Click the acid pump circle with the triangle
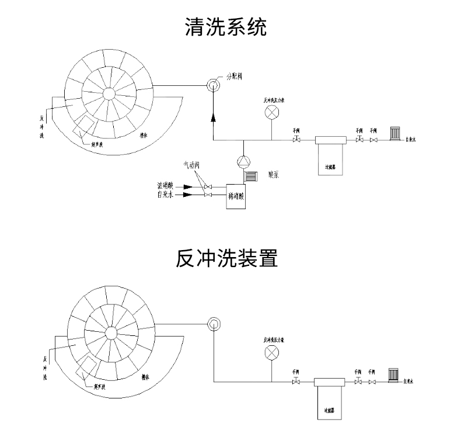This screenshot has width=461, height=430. click(243, 161)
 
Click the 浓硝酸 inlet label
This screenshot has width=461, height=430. click(166, 186)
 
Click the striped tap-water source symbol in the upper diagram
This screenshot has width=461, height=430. click(396, 134)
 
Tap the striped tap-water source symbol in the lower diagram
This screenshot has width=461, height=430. click(394, 374)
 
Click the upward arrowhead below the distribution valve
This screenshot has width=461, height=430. click(212, 117)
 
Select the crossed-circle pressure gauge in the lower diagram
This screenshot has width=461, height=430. click(272, 353)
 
